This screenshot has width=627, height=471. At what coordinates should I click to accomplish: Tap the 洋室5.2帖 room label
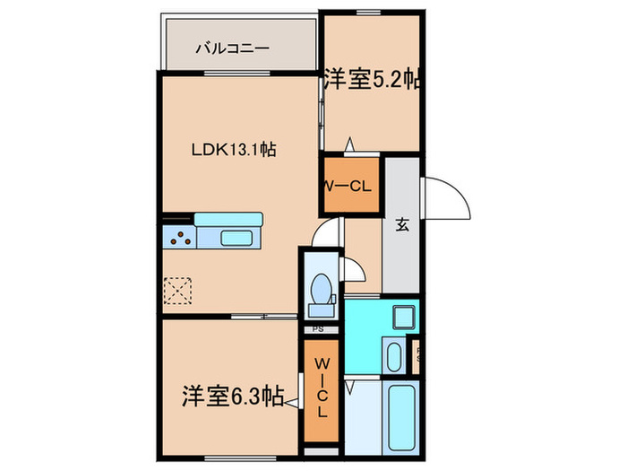[x=372, y=78]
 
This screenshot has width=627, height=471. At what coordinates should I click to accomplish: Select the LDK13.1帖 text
[x=231, y=151]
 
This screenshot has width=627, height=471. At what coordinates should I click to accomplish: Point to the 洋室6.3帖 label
[x=228, y=394]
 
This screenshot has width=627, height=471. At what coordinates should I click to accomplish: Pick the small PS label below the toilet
[x=318, y=329]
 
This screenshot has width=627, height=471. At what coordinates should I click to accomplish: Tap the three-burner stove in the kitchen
[x=179, y=239]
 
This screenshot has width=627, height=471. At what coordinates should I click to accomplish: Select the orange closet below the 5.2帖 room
[x=351, y=186]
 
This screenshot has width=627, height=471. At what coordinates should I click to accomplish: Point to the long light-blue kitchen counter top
[x=228, y=220]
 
